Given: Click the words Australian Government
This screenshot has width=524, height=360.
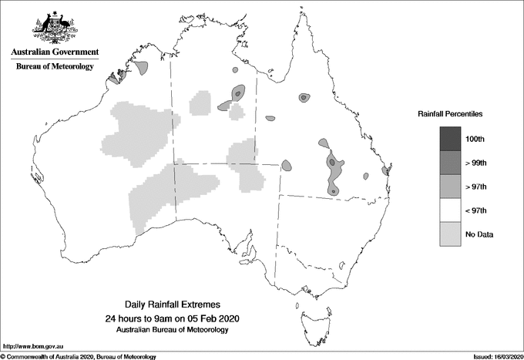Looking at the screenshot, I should [x=55, y=52].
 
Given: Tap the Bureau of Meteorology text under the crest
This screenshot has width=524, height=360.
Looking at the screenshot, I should [x=55, y=67].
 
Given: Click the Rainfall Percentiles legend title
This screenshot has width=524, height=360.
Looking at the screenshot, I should [x=450, y=114].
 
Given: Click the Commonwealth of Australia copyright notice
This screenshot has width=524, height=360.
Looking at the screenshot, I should [x=79, y=356].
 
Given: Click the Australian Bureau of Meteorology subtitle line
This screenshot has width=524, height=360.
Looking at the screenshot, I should [x=172, y=330].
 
